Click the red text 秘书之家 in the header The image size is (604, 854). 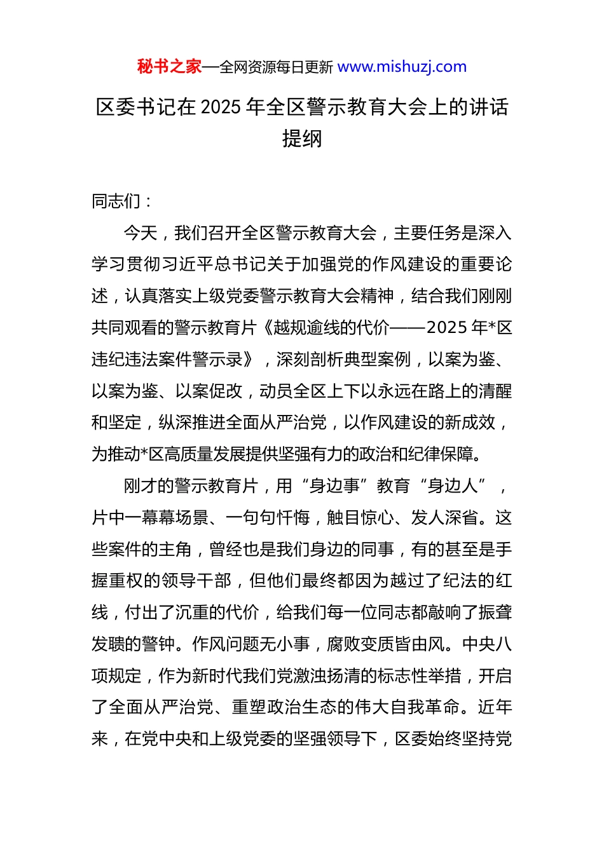pos(169,67)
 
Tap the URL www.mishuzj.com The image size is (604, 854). pos(402,67)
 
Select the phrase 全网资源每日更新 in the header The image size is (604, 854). pos(276,67)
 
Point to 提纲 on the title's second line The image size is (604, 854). pos(302,139)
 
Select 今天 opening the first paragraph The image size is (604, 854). pos(141,233)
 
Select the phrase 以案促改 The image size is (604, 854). pos(209,391)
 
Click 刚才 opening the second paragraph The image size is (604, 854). pos(141,486)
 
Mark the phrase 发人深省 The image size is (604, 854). pos(444,518)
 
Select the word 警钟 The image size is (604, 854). pos(159,644)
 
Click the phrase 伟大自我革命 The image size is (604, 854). pos(418,707)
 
